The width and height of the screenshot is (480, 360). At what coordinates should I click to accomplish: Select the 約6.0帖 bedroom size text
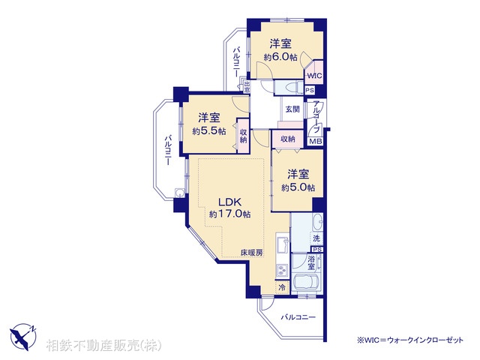(x=280, y=57)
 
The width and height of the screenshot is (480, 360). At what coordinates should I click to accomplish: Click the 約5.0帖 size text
(x=298, y=187)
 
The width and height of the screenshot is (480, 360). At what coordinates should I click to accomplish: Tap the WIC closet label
(x=314, y=75)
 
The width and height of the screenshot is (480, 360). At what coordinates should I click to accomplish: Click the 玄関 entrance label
(x=292, y=109)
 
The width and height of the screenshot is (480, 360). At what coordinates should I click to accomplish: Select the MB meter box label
(x=316, y=141)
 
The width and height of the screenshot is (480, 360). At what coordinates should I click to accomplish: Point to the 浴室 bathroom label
(x=310, y=262)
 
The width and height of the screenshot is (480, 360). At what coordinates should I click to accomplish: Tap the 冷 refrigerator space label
(x=282, y=288)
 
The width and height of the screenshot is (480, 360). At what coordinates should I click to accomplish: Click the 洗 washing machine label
(x=317, y=238)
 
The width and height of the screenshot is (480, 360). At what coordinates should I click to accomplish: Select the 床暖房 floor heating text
(x=252, y=253)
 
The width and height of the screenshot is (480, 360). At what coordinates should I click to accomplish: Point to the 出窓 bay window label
(x=246, y=86)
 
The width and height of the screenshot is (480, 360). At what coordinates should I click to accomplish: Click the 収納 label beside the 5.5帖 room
(x=244, y=135)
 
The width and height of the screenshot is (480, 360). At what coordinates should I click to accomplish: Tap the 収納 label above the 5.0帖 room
(x=288, y=139)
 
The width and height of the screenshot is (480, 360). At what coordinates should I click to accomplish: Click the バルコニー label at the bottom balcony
(x=298, y=318)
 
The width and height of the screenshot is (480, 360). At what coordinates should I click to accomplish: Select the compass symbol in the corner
(x=22, y=335)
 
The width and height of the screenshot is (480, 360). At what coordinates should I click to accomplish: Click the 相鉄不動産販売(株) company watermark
(x=103, y=346)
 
